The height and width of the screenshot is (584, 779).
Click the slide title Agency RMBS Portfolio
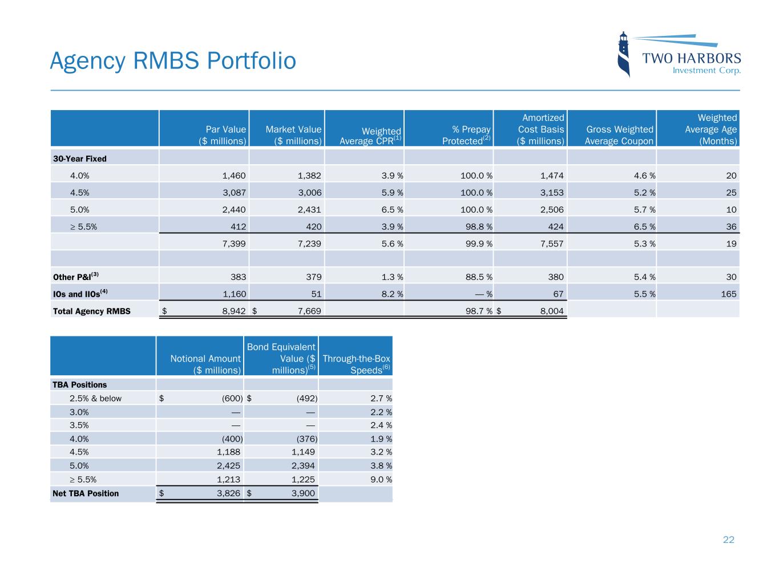(x=173, y=61)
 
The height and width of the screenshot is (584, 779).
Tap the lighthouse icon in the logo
(x=624, y=54)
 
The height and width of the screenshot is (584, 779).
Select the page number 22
(x=728, y=540)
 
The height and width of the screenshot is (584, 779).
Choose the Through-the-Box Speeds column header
(x=356, y=364)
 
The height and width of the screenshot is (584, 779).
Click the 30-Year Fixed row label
(x=79, y=159)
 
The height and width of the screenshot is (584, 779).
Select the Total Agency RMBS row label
(x=91, y=311)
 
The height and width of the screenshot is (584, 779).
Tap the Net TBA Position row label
(x=86, y=493)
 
